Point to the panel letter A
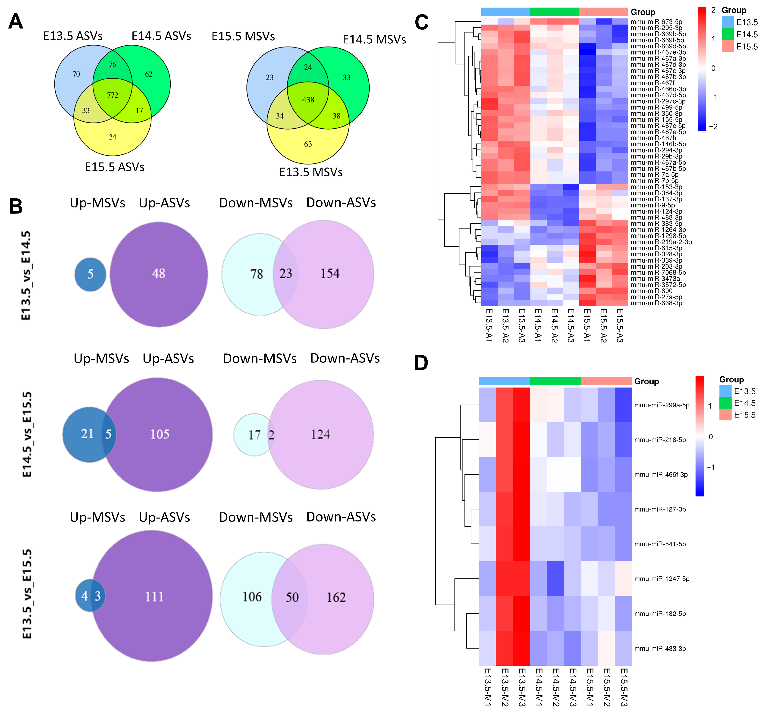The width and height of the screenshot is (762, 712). (16, 22)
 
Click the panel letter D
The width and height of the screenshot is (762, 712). (421, 363)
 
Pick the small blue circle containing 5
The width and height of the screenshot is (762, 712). (91, 274)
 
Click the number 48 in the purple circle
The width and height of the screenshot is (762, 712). (158, 273)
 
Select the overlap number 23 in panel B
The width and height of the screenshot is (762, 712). (285, 273)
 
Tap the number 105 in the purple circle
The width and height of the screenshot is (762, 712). (160, 434)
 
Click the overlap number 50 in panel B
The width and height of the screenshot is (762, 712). (292, 597)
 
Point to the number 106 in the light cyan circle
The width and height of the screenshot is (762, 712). (252, 597)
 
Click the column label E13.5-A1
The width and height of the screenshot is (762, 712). (489, 325)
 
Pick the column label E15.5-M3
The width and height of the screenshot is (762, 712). (624, 687)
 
